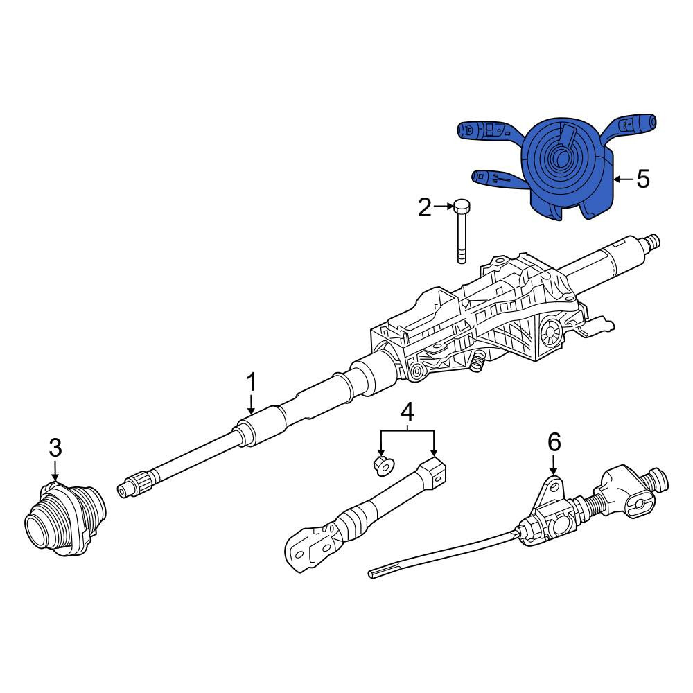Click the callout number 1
pos(251,383)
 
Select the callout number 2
pos(425,207)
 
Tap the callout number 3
pos(55,448)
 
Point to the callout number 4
pos(407,412)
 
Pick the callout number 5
pos(642,179)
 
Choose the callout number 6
pos(554,442)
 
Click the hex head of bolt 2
pos(462,206)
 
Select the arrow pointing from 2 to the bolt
pos(444,206)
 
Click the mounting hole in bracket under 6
pos(552,488)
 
